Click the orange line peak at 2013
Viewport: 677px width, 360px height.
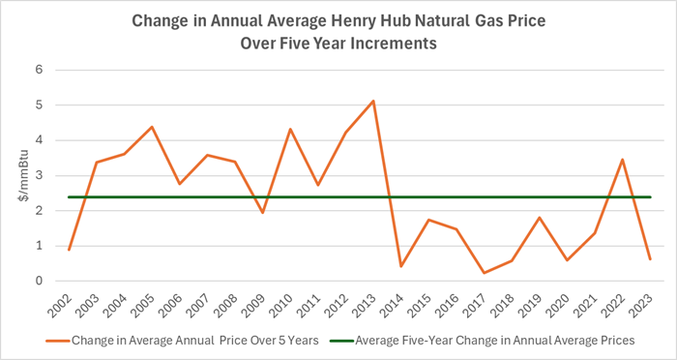click(x=373, y=101)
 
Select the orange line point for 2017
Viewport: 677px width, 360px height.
click(x=484, y=273)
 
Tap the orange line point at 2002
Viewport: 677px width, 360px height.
click(x=69, y=250)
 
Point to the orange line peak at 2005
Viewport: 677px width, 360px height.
click(x=152, y=127)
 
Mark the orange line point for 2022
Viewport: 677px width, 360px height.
click(x=622, y=160)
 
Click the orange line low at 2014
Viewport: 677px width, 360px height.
click(x=400, y=266)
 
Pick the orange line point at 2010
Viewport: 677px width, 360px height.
click(x=290, y=129)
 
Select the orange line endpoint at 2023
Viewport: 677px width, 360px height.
click(x=650, y=259)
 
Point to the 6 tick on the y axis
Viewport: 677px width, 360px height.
click(x=40, y=70)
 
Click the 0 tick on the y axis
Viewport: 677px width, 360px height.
click(x=40, y=281)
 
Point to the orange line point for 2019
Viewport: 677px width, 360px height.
click(x=539, y=218)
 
